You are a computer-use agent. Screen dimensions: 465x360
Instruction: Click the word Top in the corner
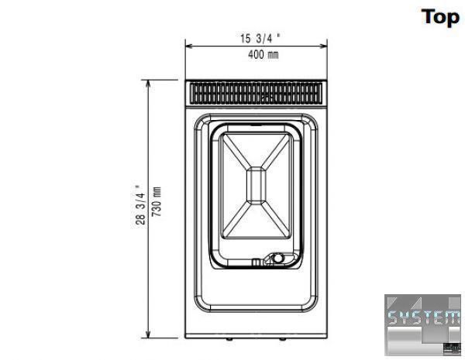tap(440, 18)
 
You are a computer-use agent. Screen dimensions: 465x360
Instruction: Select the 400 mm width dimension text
tap(263, 54)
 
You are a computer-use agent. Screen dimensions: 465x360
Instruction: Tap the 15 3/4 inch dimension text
tap(260, 39)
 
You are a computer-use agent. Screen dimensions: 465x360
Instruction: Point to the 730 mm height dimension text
tap(157, 201)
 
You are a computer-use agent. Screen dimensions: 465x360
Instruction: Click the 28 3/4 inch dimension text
tap(140, 205)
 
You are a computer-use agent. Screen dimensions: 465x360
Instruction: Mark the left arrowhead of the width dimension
tap(189, 46)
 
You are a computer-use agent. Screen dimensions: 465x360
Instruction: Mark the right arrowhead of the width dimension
tap(323, 46)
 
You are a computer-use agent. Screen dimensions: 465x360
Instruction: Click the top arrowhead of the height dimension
tap(148, 84)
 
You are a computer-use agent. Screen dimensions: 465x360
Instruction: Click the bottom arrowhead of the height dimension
tap(148, 334)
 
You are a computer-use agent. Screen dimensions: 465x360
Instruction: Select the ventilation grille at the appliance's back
tap(256, 93)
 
